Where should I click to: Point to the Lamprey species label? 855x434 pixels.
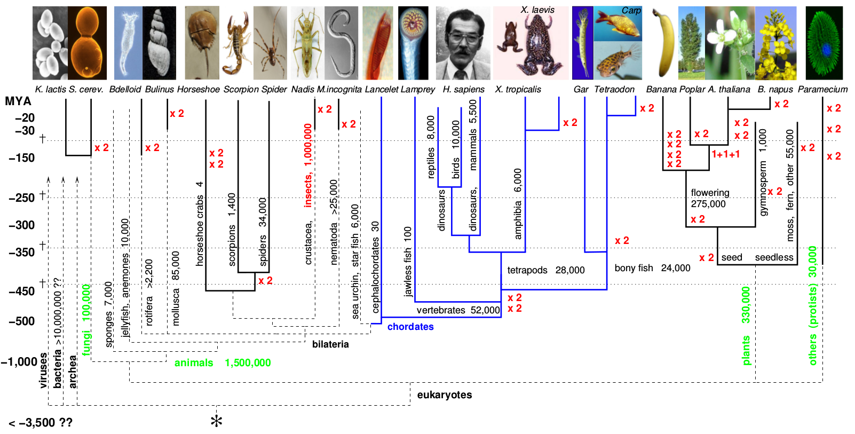pos(417,90)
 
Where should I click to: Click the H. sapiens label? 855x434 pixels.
pos(463,90)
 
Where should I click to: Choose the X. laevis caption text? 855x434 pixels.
pos(537,10)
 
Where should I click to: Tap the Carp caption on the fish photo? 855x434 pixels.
pos(631,11)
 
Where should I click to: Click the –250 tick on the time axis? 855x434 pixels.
pos(22,198)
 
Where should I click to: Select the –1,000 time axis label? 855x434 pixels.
pos(19,362)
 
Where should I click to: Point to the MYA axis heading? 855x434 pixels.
pos(18,101)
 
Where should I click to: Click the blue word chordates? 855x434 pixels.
pos(410,327)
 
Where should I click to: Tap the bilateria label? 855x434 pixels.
pos(330,344)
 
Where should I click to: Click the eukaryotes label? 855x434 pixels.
pos(445,395)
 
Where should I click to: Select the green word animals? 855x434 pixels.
pos(194,363)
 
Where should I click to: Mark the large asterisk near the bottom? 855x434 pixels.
pos(216,421)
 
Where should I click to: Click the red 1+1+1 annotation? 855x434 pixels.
pos(726,154)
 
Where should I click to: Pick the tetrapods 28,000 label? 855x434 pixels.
pos(545,270)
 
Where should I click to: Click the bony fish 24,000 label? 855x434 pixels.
pos(652,268)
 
